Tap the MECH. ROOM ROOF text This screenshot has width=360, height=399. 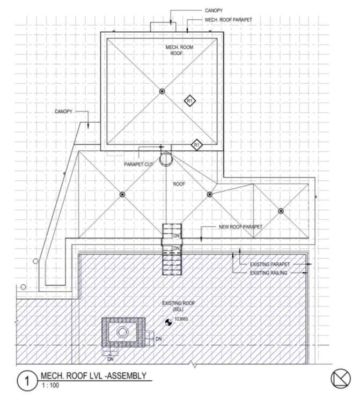point(179,50)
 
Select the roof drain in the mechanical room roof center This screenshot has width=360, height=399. point(162,92)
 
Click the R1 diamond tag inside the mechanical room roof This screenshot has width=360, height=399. point(190,100)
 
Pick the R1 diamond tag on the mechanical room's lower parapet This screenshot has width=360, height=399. point(197,144)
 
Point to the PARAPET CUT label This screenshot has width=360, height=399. point(139,164)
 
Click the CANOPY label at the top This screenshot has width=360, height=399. point(214,10)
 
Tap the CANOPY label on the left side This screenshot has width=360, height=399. point(63,112)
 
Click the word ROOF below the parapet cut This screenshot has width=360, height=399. point(179,183)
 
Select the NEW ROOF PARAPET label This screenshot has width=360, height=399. point(241,227)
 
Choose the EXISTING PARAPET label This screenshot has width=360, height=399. point(270,264)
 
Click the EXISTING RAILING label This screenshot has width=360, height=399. point(269,273)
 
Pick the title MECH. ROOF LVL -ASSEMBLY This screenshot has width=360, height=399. point(93,376)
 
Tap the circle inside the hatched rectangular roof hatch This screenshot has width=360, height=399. point(123,332)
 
